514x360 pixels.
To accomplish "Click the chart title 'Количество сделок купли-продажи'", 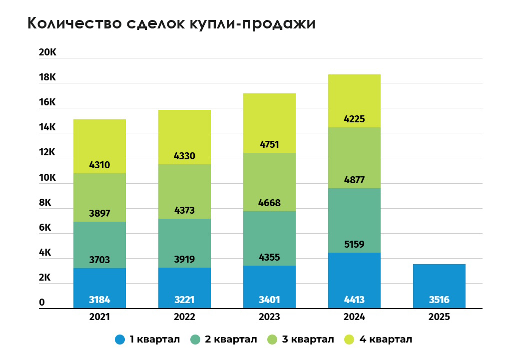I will pyautogui.click(x=171, y=23).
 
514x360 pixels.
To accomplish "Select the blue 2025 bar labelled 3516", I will pyautogui.click(x=439, y=286).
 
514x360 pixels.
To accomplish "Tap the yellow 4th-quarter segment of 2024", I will pyautogui.click(x=354, y=100).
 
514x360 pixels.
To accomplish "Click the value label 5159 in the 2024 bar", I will pyautogui.click(x=354, y=245).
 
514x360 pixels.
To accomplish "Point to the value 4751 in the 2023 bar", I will pyautogui.click(x=269, y=145).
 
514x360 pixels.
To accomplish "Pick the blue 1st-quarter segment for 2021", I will pyautogui.click(x=99, y=288).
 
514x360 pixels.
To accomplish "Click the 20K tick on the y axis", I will pyautogui.click(x=48, y=53).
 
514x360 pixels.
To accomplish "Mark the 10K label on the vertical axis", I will pyautogui.click(x=48, y=178).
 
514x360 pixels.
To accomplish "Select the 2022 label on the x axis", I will pyautogui.click(x=184, y=317).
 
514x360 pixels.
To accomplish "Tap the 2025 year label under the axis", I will pyautogui.click(x=439, y=317).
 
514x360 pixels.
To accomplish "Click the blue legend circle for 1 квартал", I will pyautogui.click(x=120, y=340).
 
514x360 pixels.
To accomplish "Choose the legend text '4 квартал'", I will pyautogui.click(x=384, y=340).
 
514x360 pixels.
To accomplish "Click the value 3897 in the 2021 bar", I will pyautogui.click(x=99, y=213).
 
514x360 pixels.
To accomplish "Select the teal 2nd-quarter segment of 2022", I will pyautogui.click(x=184, y=243).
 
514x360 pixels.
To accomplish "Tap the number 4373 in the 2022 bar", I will pyautogui.click(x=184, y=203).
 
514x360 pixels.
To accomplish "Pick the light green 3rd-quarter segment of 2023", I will pyautogui.click(x=269, y=182).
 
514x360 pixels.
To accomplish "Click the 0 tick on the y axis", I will pyautogui.click(x=42, y=303).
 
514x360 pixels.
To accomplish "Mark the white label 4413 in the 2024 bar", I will pyautogui.click(x=354, y=300).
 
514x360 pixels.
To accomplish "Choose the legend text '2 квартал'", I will pyautogui.click(x=231, y=340).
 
